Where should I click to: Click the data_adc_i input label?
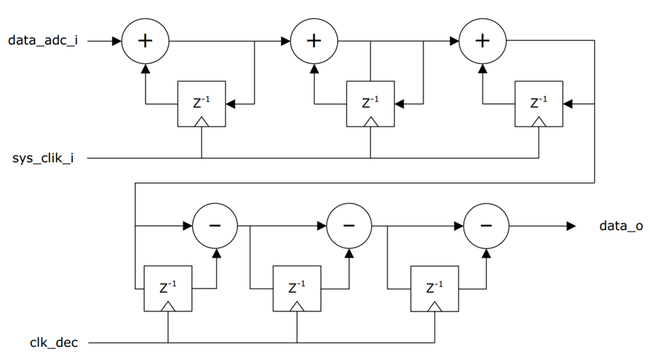[x=43, y=40]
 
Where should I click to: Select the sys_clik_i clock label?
[x=43, y=158]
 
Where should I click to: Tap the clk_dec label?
[x=53, y=342]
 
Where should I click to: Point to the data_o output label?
[x=621, y=226]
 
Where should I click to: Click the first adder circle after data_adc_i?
[x=145, y=40]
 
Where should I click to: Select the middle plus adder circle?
[x=314, y=40]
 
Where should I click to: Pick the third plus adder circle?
[x=482, y=40]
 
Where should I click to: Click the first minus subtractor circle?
[x=215, y=226]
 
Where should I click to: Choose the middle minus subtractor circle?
[x=349, y=226]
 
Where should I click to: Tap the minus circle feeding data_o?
[x=486, y=226]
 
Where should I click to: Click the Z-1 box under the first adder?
[x=201, y=104]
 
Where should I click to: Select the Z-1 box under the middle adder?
[x=370, y=104]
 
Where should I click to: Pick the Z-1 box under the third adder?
[x=539, y=104]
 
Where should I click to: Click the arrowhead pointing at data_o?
[x=570, y=226]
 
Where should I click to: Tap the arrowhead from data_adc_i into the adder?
[x=117, y=40]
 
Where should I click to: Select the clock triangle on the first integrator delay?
[x=201, y=121]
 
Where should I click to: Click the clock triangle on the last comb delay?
[x=434, y=306]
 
